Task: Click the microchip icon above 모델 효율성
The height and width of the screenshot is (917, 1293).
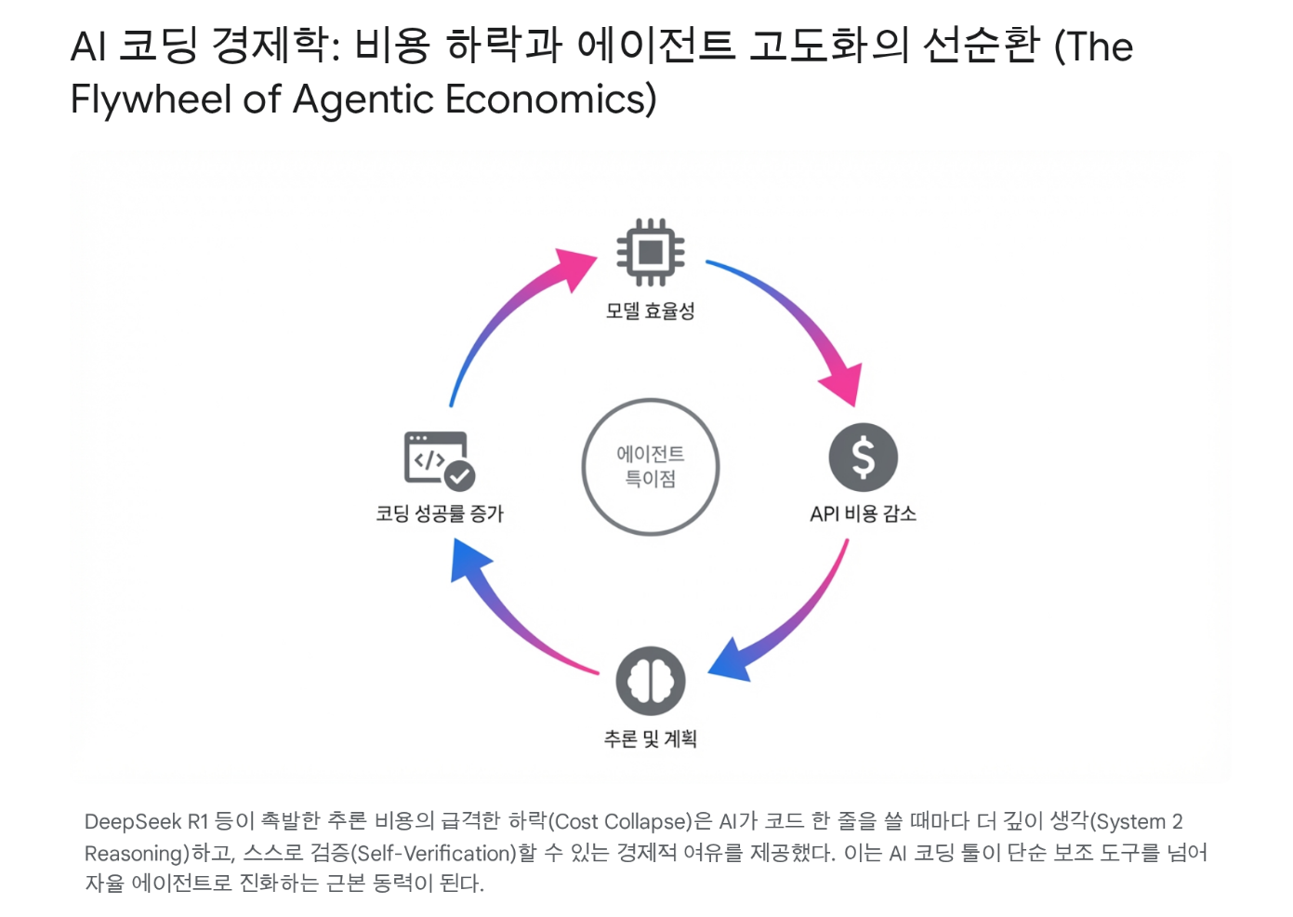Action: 651,252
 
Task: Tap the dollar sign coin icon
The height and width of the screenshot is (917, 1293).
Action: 863,458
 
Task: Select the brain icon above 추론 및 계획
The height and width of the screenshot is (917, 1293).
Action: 651,681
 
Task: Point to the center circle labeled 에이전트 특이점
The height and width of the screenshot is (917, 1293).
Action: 651,466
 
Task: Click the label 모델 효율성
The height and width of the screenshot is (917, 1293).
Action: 651,312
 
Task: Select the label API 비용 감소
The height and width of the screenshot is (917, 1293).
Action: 863,513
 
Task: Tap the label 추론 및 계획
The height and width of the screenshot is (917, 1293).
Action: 651,738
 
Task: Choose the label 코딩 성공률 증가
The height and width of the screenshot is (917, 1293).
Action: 439,513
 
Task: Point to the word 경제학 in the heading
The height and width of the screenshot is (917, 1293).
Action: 274,46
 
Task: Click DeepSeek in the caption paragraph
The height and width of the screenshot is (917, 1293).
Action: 133,821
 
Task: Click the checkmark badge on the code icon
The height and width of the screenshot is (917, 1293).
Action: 459,476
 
